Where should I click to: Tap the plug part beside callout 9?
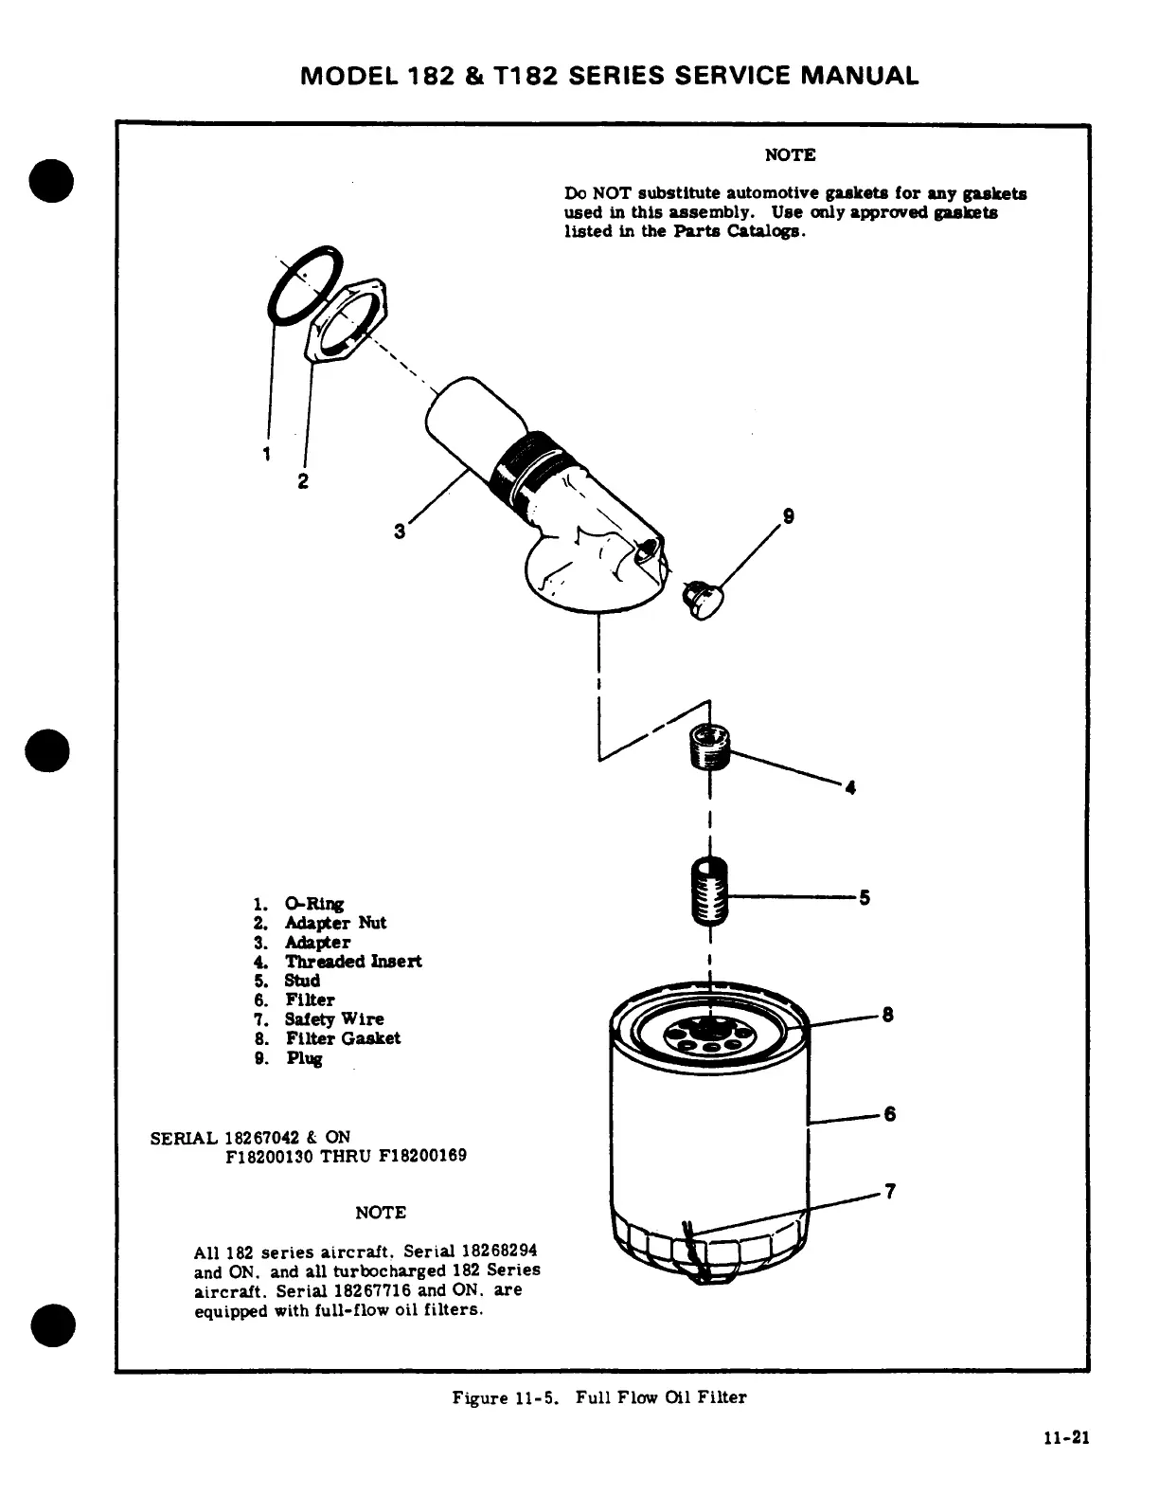703,601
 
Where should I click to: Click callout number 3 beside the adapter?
400,531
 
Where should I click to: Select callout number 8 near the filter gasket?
887,1016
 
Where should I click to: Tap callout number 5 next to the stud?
864,897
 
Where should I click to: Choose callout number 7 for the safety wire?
889,1191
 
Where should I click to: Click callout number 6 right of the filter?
889,1114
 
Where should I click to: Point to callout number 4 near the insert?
850,787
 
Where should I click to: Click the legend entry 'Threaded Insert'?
353,962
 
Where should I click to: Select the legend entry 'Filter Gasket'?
343,1038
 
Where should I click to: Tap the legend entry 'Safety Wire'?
334,1019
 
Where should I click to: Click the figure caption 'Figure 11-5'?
496,1397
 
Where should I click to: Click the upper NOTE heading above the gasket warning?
790,154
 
